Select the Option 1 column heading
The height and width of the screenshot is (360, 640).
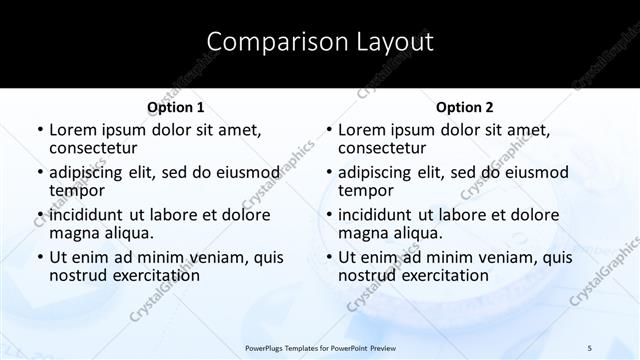[x=176, y=107]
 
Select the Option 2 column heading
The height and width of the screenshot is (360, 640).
[x=464, y=107]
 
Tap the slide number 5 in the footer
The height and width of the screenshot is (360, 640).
[x=590, y=347]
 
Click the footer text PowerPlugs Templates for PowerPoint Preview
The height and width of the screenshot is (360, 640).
[x=319, y=347]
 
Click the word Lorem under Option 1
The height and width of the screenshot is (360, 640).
[x=72, y=130]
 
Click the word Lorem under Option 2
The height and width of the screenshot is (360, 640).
[x=361, y=130]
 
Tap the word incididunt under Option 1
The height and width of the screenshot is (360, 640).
[x=88, y=215]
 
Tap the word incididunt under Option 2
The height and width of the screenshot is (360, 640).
[x=377, y=215]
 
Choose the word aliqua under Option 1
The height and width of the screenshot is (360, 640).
[x=128, y=233]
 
